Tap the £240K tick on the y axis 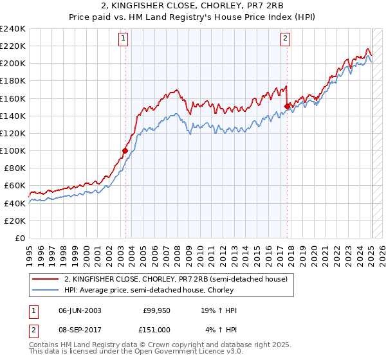(13, 29)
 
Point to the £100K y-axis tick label (13, 150)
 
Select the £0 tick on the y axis (20, 238)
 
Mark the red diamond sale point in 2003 (125, 151)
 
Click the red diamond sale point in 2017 (288, 107)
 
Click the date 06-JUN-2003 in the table (80, 311)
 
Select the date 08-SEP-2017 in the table (80, 329)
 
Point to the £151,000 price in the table (156, 329)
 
